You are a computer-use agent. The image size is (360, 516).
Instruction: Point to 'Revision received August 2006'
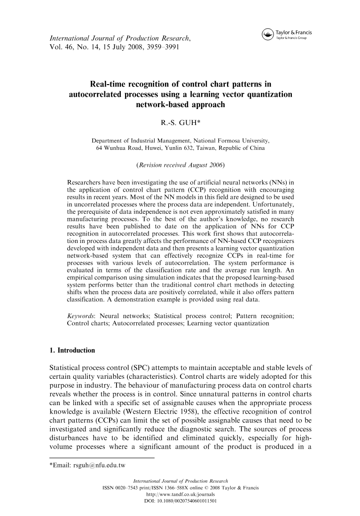(x=180, y=165)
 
